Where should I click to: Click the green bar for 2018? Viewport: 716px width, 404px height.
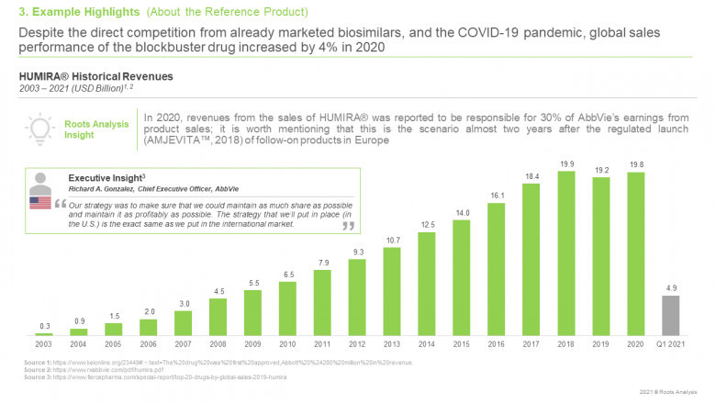pyautogui.click(x=566, y=252)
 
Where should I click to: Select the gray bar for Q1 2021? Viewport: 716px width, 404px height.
pyautogui.click(x=671, y=315)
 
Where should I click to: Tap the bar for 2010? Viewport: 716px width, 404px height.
pyautogui.click(x=287, y=308)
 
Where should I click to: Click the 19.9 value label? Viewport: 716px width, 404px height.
pyautogui.click(x=566, y=164)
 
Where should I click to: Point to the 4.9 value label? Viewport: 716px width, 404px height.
pyautogui.click(x=671, y=287)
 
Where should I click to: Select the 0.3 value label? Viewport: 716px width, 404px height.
pyautogui.click(x=44, y=325)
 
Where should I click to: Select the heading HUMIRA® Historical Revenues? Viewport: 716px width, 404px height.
pyautogui.click(x=73, y=75)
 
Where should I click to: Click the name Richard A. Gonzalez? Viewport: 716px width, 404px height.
pyautogui.click(x=101, y=189)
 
